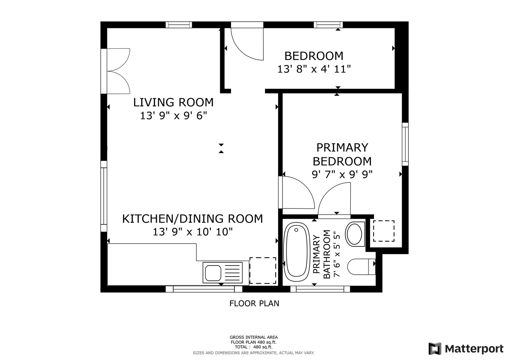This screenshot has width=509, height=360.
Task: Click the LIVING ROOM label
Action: [173, 102]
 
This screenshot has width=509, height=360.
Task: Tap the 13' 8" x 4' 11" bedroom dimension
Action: [314, 69]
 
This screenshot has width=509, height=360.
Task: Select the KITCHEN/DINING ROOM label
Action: [192, 219]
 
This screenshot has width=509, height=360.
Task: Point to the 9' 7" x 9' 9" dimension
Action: [342, 175]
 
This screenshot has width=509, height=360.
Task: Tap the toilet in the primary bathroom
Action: [361, 266]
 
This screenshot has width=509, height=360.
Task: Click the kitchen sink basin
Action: [213, 273]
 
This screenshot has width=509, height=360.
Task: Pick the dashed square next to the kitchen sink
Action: [263, 271]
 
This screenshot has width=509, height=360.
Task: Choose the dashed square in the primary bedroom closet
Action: [384, 231]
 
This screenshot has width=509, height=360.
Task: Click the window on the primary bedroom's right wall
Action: [405, 144]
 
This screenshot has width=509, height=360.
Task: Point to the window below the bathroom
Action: [320, 289]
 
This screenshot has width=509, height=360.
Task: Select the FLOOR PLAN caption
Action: [254, 304]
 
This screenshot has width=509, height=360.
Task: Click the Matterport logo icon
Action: [435, 349]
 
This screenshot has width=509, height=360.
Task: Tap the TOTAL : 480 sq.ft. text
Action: [254, 347]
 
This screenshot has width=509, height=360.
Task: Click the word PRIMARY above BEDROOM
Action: [342, 148]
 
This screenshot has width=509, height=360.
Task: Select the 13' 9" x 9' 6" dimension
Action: [174, 116]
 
